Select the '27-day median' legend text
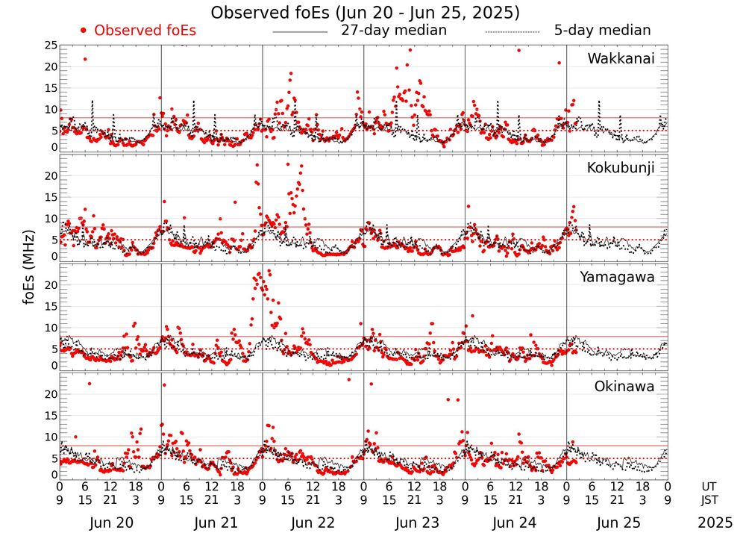(x=393, y=31)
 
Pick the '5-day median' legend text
(x=602, y=31)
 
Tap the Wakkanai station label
(x=621, y=59)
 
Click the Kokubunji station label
(x=621, y=168)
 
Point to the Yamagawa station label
(x=618, y=277)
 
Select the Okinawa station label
(x=624, y=387)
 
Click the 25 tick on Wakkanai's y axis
(x=50, y=46)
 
